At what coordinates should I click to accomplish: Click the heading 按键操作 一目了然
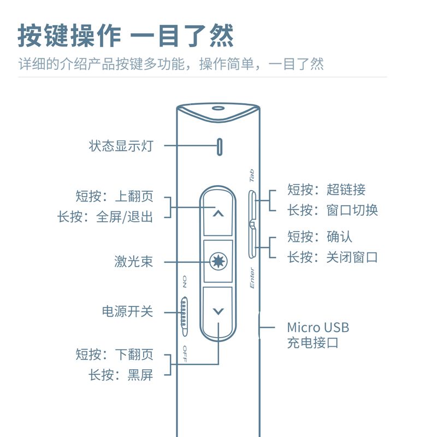(126, 36)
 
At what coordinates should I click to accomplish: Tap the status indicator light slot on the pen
(220, 146)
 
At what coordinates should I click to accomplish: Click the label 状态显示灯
(121, 146)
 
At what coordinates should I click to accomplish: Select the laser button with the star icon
(218, 262)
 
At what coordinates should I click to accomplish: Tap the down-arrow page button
(218, 311)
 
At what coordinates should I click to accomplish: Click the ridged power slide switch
(184, 315)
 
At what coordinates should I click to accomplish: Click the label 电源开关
(127, 312)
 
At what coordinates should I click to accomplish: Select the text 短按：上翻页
(114, 197)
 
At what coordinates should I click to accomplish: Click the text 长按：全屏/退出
(105, 217)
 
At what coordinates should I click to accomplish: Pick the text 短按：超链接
(326, 190)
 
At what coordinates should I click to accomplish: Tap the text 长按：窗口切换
(332, 210)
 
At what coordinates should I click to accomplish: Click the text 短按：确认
(320, 237)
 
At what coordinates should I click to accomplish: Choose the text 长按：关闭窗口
(332, 257)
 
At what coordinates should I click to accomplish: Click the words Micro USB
(318, 328)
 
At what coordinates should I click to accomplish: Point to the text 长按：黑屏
(121, 375)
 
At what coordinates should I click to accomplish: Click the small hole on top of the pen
(218, 109)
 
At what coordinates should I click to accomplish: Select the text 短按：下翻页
(114, 355)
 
